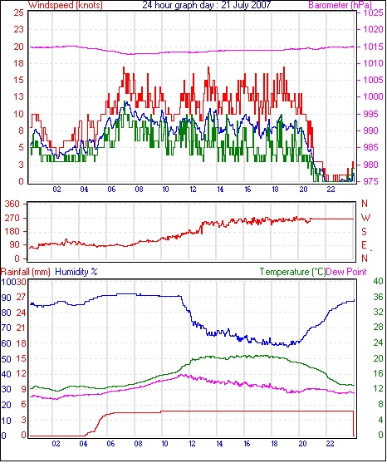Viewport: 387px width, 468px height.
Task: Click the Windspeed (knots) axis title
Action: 66,5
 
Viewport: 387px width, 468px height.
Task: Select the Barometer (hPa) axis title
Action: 340,5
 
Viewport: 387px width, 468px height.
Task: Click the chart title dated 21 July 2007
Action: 207,5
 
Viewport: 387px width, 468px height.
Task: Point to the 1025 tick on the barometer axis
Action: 373,12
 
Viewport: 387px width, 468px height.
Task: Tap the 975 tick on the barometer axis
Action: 371,181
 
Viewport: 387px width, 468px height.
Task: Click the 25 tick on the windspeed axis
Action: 18,12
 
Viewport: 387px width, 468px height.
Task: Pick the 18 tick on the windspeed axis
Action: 18,63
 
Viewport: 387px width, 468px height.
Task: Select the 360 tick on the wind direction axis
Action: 12,204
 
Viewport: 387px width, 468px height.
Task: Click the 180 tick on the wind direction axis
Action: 12,231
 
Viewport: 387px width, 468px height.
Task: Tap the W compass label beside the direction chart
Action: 365,218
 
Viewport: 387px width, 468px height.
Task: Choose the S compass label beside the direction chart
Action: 364,232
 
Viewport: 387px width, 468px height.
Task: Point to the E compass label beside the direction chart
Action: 364,245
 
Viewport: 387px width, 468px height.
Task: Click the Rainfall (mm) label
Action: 26,272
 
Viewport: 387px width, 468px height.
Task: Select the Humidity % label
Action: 76,272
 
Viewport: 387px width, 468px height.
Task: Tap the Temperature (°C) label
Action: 292,272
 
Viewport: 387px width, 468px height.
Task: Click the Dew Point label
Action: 345,272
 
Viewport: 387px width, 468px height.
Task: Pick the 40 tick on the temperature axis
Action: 378,281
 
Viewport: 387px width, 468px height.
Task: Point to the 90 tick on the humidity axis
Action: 6,298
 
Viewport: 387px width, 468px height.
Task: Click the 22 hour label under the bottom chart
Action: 330,444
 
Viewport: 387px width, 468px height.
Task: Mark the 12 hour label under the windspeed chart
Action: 193,190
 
